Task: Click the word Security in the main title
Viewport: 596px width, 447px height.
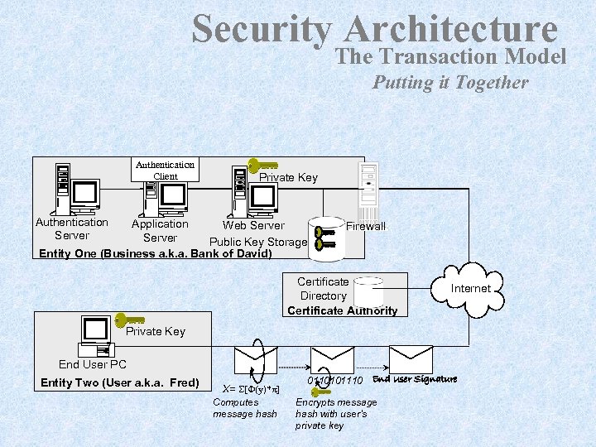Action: coord(262,30)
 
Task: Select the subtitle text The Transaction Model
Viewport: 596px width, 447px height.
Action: coord(451,56)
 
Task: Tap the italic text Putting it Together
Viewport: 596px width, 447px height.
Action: coord(449,82)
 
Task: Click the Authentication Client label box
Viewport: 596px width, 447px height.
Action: coord(166,170)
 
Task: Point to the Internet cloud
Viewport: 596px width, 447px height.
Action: coord(470,287)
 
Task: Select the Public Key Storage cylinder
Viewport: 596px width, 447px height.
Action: coord(326,238)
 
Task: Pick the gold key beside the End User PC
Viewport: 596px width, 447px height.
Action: coord(130,320)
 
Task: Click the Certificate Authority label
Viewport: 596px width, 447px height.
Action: coord(342,311)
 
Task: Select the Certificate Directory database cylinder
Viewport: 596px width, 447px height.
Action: coord(368,292)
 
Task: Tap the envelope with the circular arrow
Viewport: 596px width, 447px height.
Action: coord(255,360)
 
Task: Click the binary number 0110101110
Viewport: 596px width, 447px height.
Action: coord(335,380)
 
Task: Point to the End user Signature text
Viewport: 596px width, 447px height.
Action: coord(415,379)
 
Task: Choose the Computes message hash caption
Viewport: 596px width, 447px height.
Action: coord(245,408)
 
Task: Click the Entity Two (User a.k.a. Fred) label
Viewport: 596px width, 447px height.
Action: coord(119,382)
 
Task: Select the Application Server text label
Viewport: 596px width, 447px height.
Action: coord(160,231)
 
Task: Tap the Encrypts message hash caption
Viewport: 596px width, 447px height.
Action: coord(335,414)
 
